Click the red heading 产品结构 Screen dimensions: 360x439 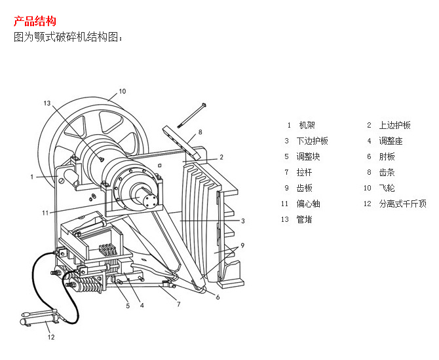[x=35, y=22]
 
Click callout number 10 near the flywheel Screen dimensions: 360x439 [x=122, y=91]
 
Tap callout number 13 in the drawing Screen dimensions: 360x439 [x=47, y=103]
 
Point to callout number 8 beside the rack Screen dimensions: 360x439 [x=200, y=132]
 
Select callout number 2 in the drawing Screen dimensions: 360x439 [x=221, y=157]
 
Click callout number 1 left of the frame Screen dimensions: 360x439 [x=31, y=176]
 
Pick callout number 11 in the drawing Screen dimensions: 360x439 [x=45, y=213]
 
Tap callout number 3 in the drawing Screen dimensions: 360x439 [x=242, y=221]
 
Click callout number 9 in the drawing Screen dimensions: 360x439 [x=242, y=245]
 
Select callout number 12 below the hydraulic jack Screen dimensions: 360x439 [x=50, y=338]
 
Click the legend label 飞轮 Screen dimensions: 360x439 [x=387, y=188]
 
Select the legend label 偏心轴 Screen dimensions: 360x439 [x=308, y=204]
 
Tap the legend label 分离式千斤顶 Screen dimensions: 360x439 [x=402, y=204]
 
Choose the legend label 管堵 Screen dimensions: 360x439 [x=304, y=219]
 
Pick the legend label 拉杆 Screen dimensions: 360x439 [x=304, y=172]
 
